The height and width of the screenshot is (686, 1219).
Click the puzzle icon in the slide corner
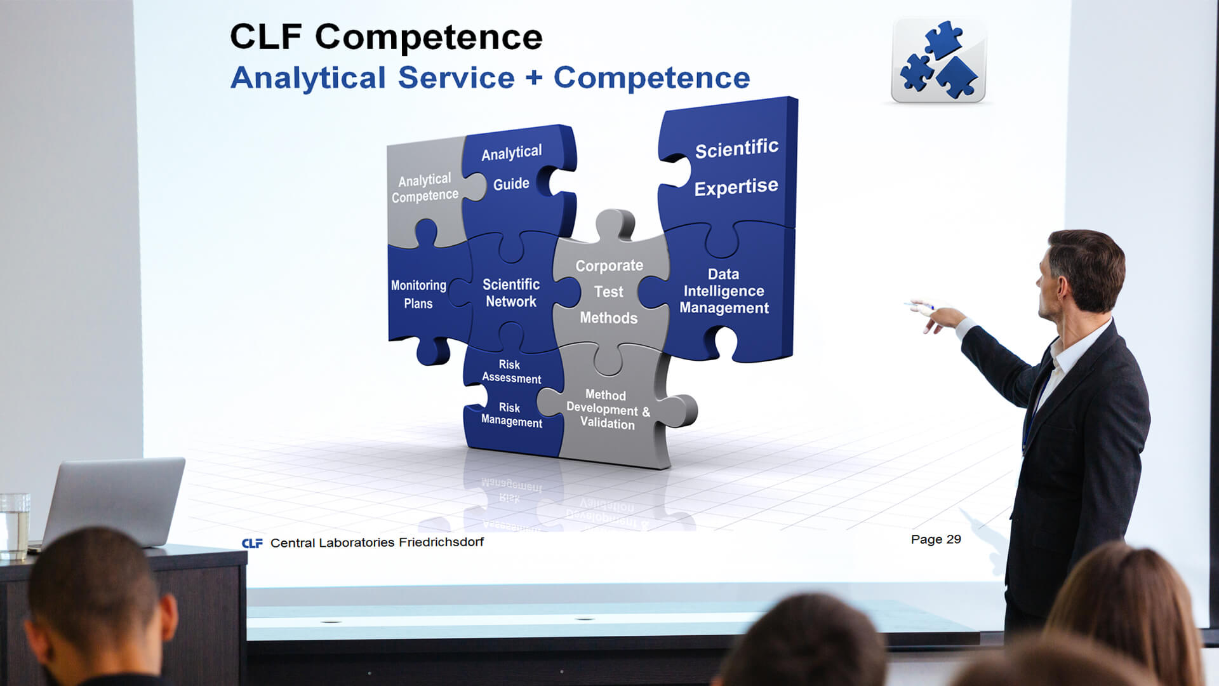coord(938,61)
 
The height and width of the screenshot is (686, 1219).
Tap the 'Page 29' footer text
coord(936,539)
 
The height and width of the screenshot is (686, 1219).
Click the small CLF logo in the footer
coord(252,543)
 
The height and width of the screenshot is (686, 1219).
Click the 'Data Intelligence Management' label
coord(724,291)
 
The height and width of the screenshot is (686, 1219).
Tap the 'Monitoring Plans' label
coord(418,294)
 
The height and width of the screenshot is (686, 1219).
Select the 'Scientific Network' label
coord(511,293)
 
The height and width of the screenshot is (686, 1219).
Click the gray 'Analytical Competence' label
coord(425,188)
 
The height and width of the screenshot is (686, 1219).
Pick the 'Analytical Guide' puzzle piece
coord(517,181)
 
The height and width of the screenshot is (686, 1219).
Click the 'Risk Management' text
coord(511,415)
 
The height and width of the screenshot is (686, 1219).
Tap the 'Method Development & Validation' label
coord(608,410)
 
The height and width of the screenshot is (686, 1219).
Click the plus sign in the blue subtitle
coord(534,78)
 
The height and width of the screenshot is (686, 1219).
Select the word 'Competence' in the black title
coord(429,37)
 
